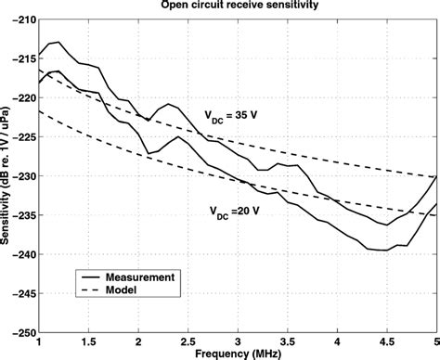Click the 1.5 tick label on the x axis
tap(88, 341)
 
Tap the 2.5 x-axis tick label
tap(188, 341)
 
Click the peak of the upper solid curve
tap(58, 42)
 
